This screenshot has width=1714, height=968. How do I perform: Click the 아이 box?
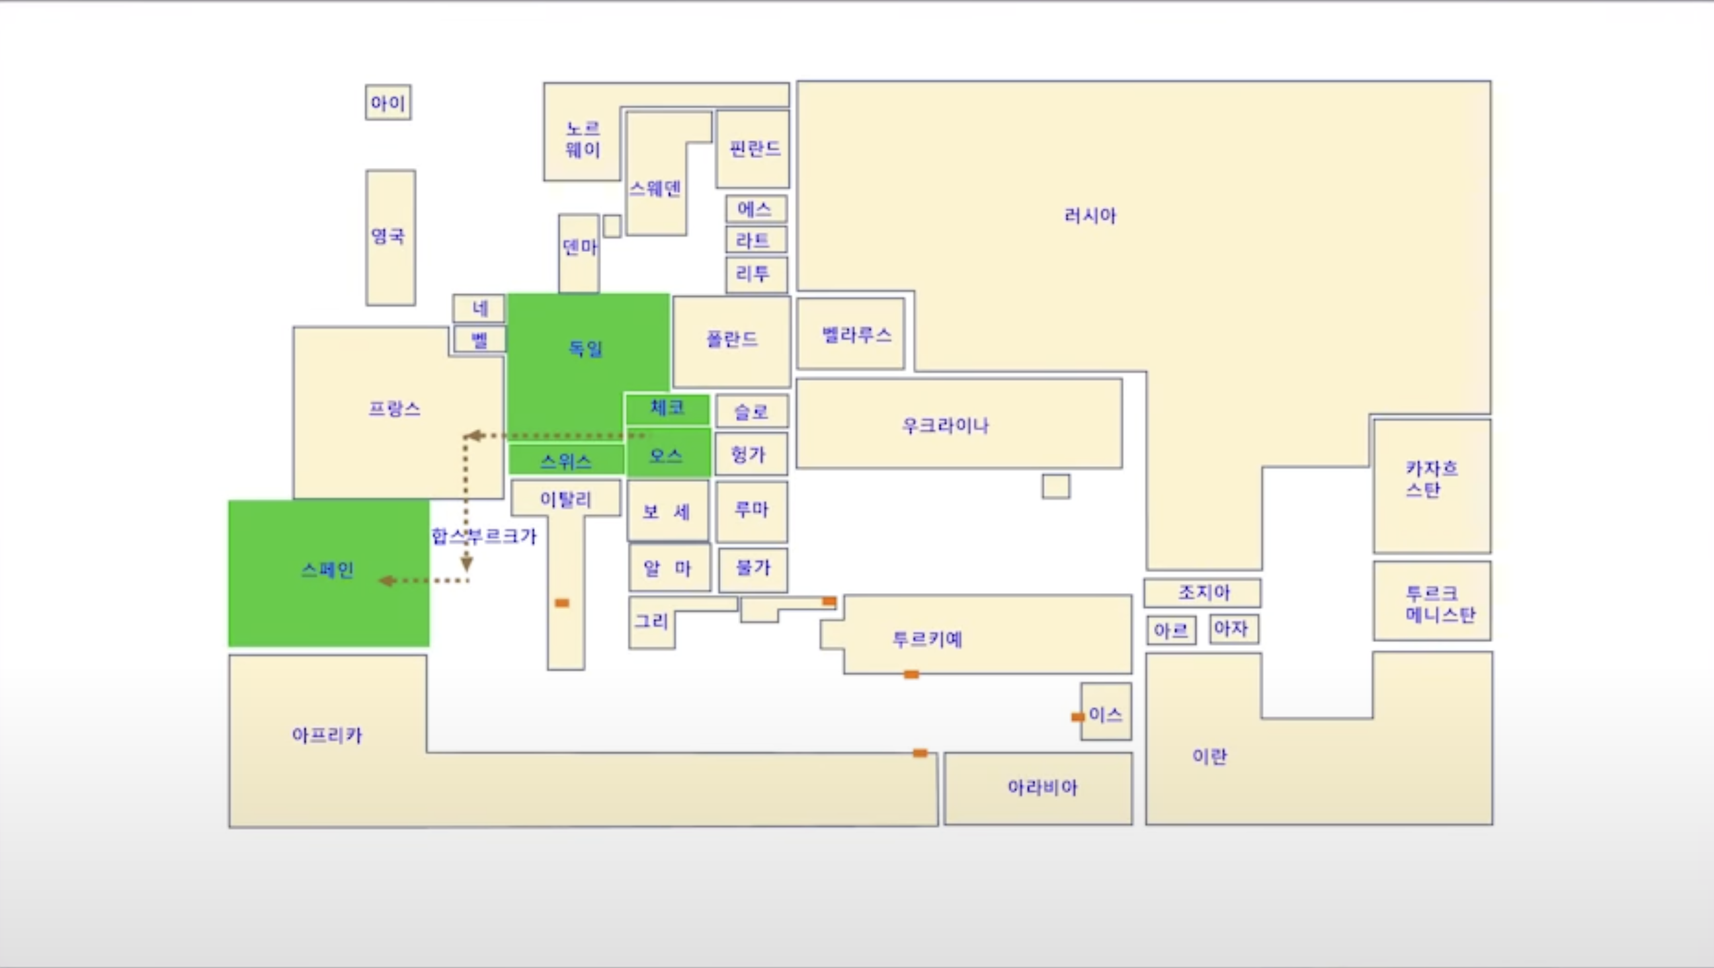click(388, 102)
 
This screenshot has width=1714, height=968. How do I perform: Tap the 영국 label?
click(388, 235)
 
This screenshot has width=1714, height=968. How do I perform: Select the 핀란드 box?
click(753, 148)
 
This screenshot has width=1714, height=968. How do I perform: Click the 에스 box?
click(756, 209)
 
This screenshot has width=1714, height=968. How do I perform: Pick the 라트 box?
click(756, 239)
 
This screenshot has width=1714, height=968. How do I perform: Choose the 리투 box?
click(756, 274)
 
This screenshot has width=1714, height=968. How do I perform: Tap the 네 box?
click(479, 308)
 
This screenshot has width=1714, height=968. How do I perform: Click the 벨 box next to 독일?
click(479, 340)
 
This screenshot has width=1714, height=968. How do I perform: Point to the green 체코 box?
click(667, 408)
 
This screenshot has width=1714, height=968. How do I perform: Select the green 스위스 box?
click(565, 460)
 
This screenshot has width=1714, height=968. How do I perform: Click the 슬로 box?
click(752, 411)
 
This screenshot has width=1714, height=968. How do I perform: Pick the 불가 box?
click(753, 568)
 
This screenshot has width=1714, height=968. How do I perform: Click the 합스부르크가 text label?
click(484, 536)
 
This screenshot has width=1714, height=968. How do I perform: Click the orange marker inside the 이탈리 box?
click(562, 603)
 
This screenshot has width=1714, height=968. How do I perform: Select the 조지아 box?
click(1202, 592)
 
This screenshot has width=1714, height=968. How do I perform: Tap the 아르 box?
click(1171, 630)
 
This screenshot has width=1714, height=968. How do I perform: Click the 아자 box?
click(1234, 628)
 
